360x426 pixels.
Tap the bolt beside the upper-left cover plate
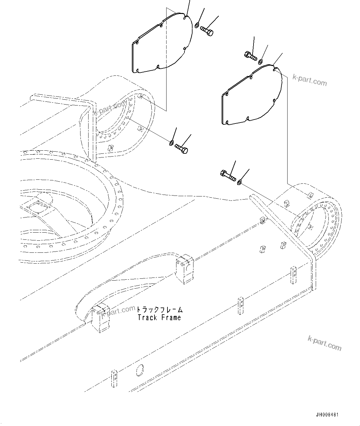click(x=207, y=31)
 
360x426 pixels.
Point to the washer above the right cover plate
click(x=261, y=61)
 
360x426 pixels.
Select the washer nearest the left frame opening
click(x=171, y=143)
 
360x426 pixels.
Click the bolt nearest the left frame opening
click(x=181, y=148)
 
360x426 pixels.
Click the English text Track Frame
click(x=159, y=317)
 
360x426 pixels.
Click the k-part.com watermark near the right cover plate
click(x=309, y=81)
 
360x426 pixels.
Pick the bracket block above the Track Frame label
click(x=184, y=269)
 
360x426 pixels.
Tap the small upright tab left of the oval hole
click(x=114, y=378)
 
